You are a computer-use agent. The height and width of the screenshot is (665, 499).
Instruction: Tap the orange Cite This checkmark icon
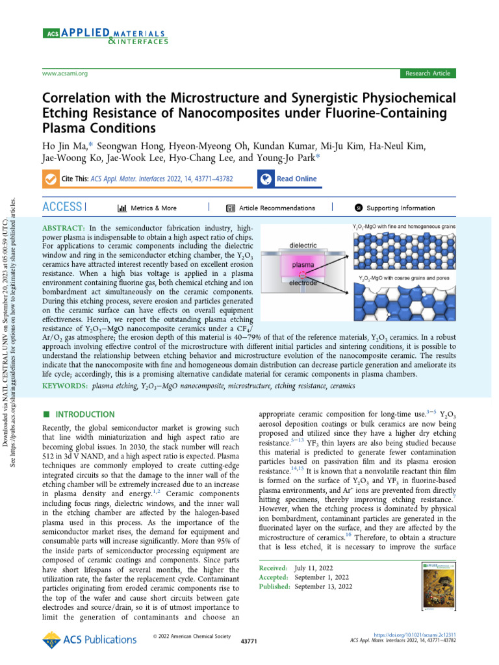(49, 179)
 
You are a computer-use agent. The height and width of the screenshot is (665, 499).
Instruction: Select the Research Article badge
(428, 73)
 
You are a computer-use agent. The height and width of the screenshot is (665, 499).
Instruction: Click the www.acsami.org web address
(64, 74)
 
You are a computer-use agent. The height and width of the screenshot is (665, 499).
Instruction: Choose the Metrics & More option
(147, 208)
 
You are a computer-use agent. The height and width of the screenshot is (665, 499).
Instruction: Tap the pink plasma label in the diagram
(303, 266)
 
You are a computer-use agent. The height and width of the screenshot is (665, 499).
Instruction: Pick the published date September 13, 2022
(324, 586)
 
